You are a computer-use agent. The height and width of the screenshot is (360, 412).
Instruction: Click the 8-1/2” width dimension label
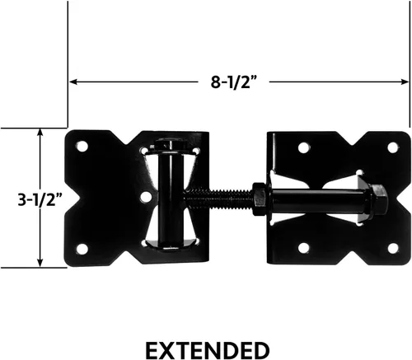click(234, 82)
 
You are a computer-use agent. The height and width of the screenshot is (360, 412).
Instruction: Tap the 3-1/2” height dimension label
click(40, 199)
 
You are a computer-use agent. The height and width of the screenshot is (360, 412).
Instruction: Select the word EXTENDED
click(208, 350)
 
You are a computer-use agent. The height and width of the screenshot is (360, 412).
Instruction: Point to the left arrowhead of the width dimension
click(73, 82)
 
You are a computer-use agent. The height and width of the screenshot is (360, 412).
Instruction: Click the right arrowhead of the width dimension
click(405, 82)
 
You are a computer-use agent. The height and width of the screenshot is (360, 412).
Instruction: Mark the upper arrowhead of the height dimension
click(40, 133)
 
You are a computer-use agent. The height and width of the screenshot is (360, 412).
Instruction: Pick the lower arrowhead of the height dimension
click(40, 263)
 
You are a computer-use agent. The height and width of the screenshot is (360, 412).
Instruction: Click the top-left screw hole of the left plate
click(82, 147)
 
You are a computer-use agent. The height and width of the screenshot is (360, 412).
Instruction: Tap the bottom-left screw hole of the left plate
click(82, 249)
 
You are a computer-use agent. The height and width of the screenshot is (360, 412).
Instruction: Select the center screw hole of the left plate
click(146, 198)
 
